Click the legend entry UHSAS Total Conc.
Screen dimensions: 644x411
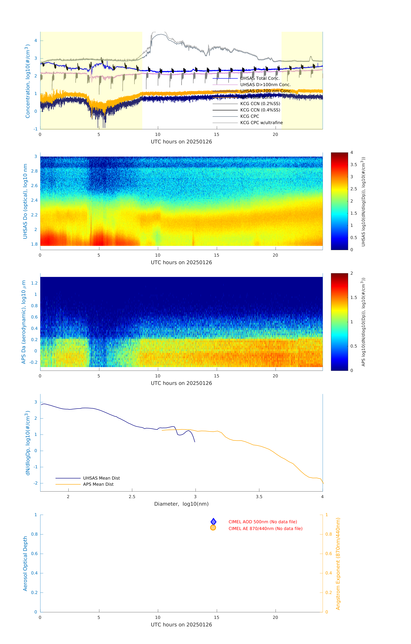coord(260,78)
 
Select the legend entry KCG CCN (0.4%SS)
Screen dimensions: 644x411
coord(260,110)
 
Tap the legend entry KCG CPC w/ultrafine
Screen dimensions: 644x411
coord(261,123)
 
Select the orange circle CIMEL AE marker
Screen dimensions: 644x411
coord(213,528)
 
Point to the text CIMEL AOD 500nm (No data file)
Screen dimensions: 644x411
coord(262,522)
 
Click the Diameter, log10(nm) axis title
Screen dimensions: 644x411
coord(181,504)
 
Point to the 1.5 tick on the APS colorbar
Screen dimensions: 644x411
coord(353,297)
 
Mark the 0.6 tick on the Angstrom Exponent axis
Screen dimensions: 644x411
coord(329,554)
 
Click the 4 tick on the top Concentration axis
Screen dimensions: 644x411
coord(36,41)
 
